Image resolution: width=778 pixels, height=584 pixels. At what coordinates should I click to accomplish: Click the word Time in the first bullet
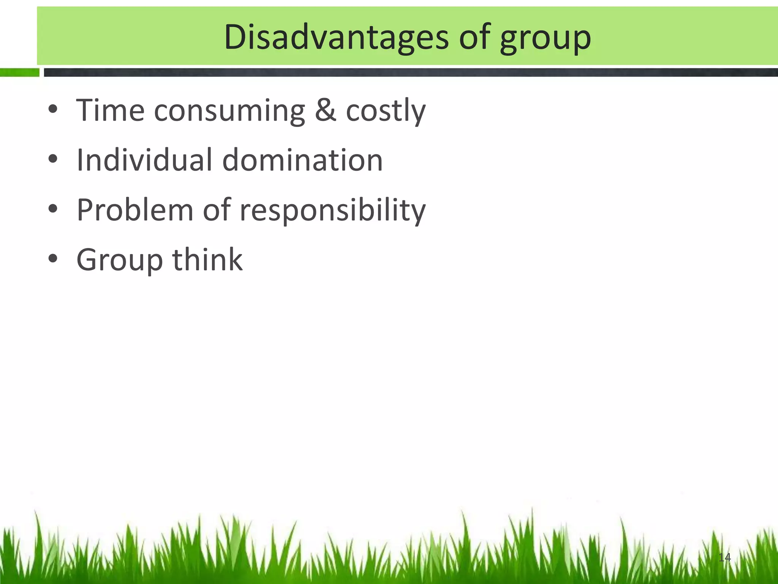point(110,110)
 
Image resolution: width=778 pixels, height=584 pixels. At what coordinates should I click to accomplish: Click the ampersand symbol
point(326,110)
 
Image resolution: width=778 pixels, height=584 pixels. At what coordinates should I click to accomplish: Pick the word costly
point(386,111)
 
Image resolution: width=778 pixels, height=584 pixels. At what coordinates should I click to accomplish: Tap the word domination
point(302,160)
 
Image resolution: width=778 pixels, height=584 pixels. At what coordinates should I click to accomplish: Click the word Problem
point(135,210)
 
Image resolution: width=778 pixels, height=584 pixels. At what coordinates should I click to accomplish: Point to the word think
point(207,259)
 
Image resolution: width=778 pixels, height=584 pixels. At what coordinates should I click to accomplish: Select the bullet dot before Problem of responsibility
point(53,209)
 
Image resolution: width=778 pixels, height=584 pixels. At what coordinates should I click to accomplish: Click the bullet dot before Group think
point(53,259)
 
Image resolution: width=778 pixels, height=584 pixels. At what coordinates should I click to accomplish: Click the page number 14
point(724,557)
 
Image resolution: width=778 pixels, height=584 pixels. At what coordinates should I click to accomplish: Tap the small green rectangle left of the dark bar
point(19,73)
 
